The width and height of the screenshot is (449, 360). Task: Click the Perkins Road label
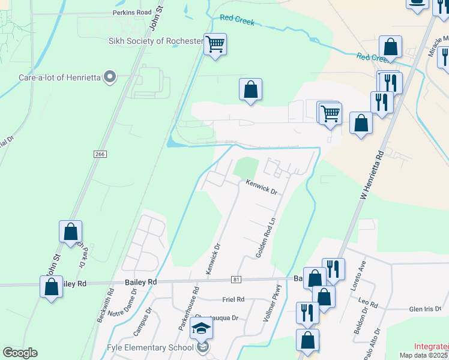[x=132, y=12]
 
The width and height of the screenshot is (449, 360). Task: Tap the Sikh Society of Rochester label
[x=155, y=41]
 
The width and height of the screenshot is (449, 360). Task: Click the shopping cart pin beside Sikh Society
[x=215, y=44]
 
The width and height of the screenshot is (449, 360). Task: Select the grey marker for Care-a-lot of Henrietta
[x=109, y=76]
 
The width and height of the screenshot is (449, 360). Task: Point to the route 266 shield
[x=100, y=154]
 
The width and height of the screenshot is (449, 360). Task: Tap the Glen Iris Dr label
[x=425, y=309]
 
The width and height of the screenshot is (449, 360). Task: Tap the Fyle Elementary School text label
[x=149, y=347]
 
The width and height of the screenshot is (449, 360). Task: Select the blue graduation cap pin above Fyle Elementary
[x=202, y=329]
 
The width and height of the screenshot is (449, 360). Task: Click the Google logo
[x=20, y=353]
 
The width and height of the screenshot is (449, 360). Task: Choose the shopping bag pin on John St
[x=70, y=232]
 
